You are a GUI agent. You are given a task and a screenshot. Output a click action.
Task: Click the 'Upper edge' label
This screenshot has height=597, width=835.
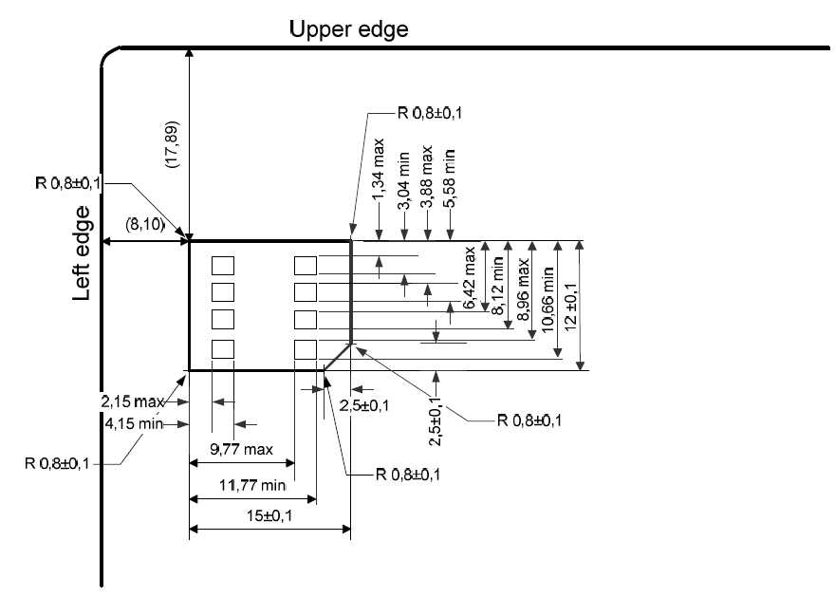(x=349, y=29)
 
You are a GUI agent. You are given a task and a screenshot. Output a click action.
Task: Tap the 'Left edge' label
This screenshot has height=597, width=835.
(x=82, y=253)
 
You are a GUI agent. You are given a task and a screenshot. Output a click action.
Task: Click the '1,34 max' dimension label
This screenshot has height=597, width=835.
(x=378, y=170)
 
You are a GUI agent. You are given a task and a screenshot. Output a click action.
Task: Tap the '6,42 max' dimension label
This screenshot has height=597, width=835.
(x=469, y=277)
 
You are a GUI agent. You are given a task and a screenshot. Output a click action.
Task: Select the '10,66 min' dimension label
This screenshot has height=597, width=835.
(x=547, y=300)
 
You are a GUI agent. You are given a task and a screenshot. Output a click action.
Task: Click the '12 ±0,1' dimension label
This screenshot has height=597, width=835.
(x=570, y=307)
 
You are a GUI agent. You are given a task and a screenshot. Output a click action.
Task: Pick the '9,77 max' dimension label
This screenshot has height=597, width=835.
(x=241, y=450)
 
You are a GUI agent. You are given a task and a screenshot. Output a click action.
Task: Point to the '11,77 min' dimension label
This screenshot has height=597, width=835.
(x=252, y=485)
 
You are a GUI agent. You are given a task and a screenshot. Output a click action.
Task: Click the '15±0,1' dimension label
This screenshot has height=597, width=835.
(x=269, y=515)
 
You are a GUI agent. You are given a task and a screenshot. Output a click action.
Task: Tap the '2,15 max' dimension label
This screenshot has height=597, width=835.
(x=132, y=401)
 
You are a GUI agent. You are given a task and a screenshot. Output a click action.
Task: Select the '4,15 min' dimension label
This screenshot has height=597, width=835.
(x=134, y=424)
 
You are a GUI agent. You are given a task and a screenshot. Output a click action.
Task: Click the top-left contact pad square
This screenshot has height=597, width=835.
(x=223, y=266)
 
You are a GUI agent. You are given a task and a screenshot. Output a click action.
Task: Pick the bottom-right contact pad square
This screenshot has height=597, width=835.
(x=306, y=349)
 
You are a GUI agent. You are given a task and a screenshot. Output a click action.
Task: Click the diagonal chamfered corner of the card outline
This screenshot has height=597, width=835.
(x=338, y=357)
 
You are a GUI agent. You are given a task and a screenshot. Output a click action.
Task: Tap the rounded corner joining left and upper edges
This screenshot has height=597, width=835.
(x=107, y=54)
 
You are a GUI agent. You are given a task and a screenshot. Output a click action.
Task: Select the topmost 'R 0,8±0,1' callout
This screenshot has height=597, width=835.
(x=430, y=113)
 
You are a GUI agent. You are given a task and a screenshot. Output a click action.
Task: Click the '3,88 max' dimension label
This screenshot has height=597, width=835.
(x=426, y=177)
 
